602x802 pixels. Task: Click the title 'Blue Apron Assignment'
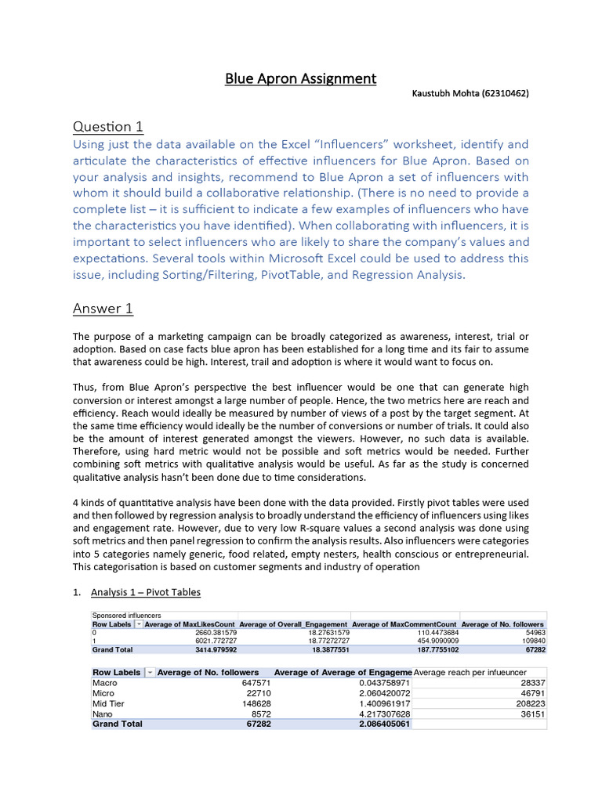301,78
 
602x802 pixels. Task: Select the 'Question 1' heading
108,126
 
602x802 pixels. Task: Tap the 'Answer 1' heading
103,309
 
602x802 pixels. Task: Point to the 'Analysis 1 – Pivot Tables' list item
145,592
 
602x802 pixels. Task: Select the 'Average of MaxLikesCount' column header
190,624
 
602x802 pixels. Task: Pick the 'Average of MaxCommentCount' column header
404,624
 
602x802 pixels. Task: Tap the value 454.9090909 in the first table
431,641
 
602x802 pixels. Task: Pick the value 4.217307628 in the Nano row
381,713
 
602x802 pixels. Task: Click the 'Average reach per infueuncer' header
470,673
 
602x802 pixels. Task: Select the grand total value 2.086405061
381,724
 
